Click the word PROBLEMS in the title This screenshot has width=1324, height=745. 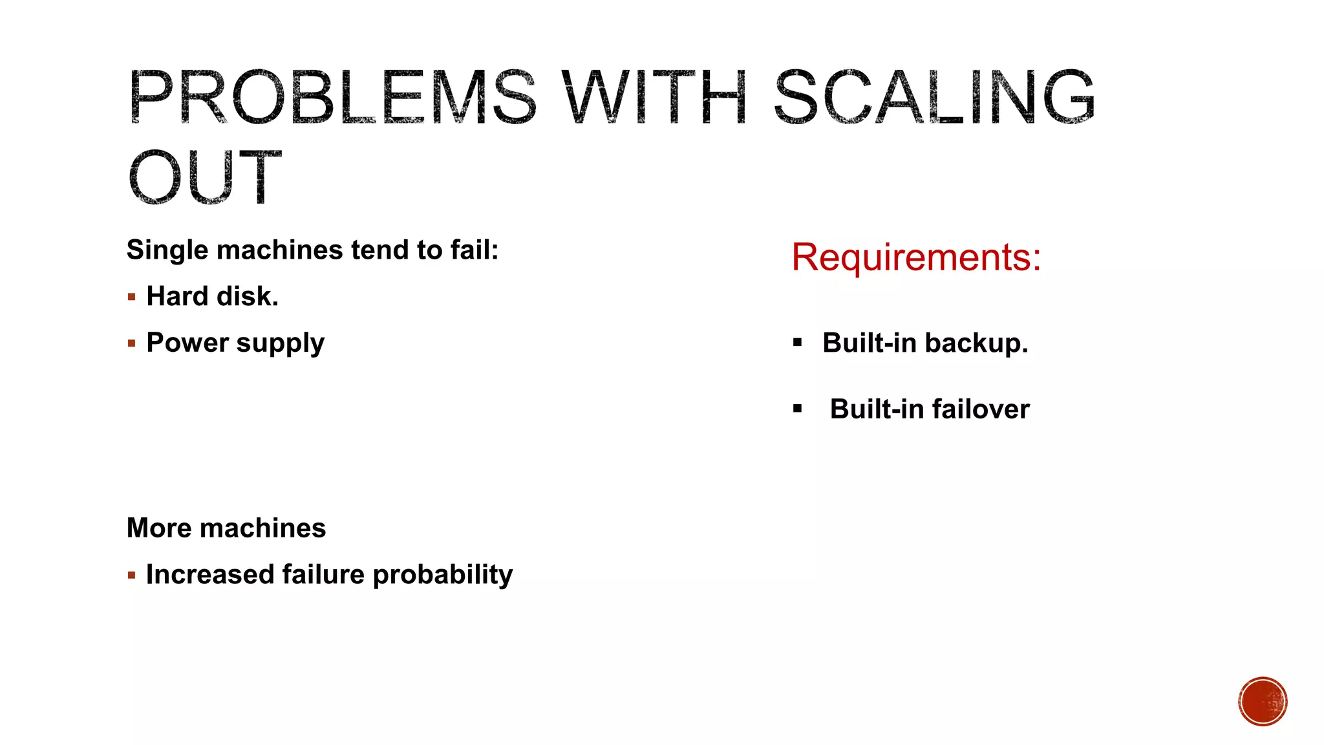pyautogui.click(x=332, y=97)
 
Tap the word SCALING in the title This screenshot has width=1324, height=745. pyautogui.click(x=934, y=97)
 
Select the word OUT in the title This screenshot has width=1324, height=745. pyautogui.click(x=205, y=177)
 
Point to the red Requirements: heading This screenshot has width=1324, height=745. pyautogui.click(x=916, y=257)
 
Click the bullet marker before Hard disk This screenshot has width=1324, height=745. pyautogui.click(x=132, y=297)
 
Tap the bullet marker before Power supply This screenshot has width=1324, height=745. pyautogui.click(x=132, y=343)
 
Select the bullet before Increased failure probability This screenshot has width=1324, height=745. pyautogui.click(x=132, y=575)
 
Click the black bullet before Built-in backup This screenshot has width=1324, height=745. pyautogui.click(x=798, y=343)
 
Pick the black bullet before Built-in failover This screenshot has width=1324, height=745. pyautogui.click(x=798, y=409)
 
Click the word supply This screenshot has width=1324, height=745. pyautogui.click(x=281, y=343)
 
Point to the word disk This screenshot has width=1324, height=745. pyautogui.click(x=248, y=296)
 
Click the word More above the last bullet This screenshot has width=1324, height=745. pyautogui.click(x=159, y=528)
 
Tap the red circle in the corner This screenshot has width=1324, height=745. pyautogui.click(x=1263, y=702)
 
